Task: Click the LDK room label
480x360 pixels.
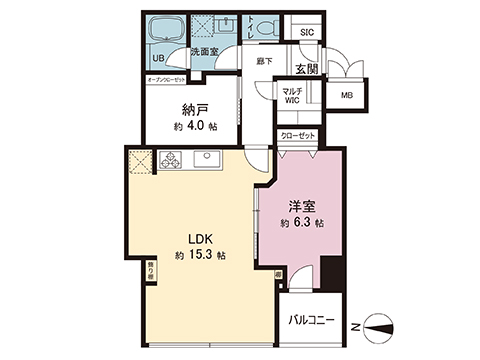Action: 194,239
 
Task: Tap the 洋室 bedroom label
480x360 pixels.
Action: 302,207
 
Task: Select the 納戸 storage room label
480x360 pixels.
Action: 193,108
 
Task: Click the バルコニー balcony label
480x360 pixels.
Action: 311,322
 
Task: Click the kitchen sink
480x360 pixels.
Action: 207,156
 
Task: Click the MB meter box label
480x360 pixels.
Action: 346,95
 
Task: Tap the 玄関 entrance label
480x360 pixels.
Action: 308,68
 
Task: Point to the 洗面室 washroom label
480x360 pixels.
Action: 204,52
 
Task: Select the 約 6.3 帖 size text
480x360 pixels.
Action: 302,222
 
